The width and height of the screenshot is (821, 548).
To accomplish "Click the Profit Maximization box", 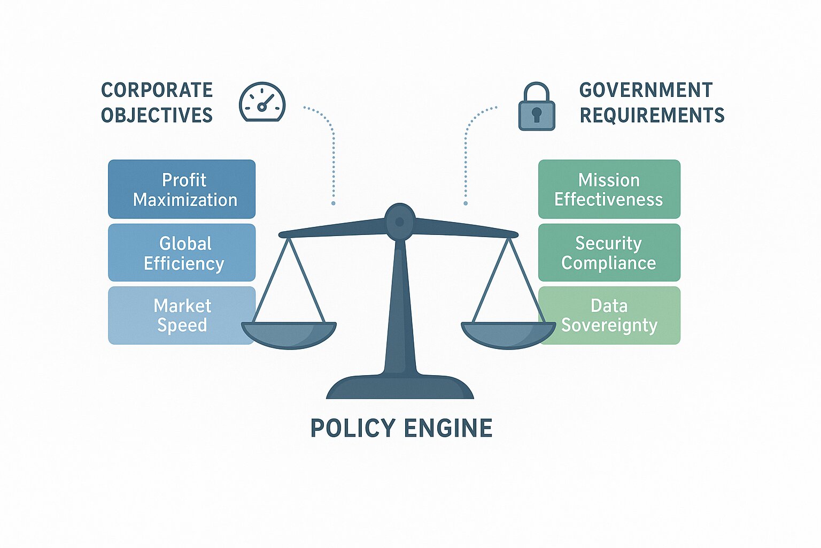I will pos(182,189).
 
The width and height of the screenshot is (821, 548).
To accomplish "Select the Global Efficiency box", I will pos(182,253).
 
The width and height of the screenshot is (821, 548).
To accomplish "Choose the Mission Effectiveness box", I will pos(609,189).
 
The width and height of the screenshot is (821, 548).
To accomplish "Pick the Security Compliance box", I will pos(609,253).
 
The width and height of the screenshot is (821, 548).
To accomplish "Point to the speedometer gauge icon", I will pos(262,102).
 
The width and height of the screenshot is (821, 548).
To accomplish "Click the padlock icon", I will pos(537,107).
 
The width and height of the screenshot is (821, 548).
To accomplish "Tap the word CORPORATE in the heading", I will pos(157,90).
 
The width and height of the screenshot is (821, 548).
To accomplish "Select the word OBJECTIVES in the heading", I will pos(157,115).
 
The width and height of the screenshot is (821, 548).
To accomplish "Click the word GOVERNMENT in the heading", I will pos(646,90).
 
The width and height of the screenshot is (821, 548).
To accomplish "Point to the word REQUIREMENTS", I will pos(652,115).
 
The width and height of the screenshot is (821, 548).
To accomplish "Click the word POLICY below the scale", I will pos(353,428).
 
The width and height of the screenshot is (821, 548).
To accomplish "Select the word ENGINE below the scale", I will pos(448,428).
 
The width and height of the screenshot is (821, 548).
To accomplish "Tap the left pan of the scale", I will pos(289,334).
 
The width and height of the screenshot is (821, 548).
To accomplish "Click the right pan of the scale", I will pos(508,334).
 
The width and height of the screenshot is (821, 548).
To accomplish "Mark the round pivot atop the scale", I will pos(400,220).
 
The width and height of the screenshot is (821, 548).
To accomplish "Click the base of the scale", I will pos(400,387).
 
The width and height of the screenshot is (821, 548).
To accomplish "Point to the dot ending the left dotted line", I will pos(334,203).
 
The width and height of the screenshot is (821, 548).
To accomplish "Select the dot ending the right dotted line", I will pos(466,203).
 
